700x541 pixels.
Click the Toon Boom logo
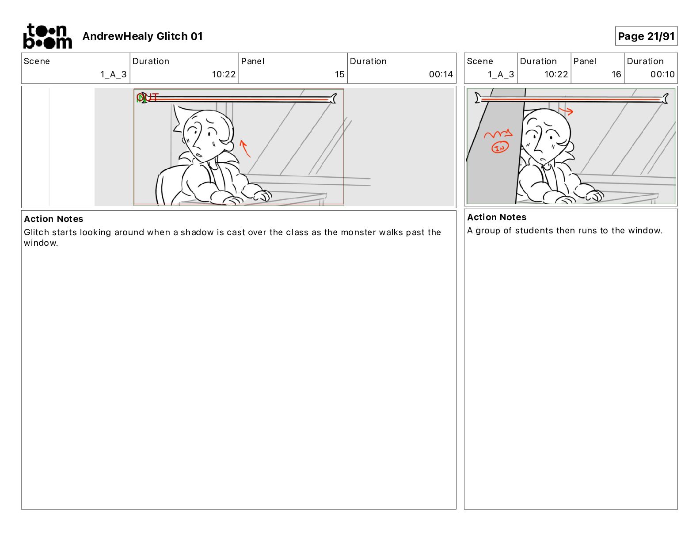(x=48, y=36)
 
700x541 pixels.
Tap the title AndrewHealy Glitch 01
(x=142, y=36)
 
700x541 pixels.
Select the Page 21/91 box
(x=646, y=36)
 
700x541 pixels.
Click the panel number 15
(x=339, y=74)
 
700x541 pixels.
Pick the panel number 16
(x=616, y=74)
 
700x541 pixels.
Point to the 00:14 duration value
(x=441, y=74)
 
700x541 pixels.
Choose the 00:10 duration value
(x=662, y=74)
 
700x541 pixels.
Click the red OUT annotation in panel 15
(x=148, y=97)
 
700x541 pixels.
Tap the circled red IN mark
(x=500, y=148)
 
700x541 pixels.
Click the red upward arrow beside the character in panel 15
(x=244, y=149)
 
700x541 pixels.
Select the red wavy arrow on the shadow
(x=498, y=133)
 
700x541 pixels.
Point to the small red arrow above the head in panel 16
(x=566, y=111)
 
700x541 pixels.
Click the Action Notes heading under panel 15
(x=53, y=219)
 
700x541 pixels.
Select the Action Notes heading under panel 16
(x=496, y=217)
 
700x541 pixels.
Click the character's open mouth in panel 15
(x=199, y=156)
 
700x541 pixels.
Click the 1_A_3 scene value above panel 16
(x=501, y=74)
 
